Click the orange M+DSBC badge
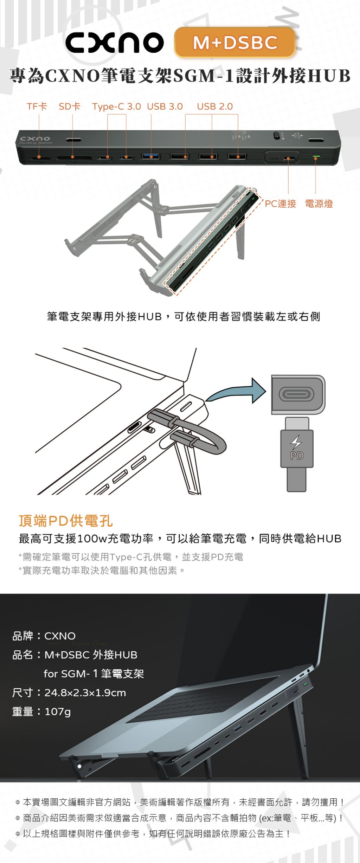pyautogui.click(x=234, y=42)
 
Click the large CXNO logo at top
pyautogui.click(x=115, y=43)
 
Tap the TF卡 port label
pyautogui.click(x=37, y=107)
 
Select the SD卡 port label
pyautogui.click(x=70, y=107)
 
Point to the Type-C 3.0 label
pyautogui.click(x=117, y=107)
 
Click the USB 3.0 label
pyautogui.click(x=165, y=107)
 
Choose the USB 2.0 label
pyautogui.click(x=215, y=107)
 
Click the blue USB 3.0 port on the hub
pyautogui.click(x=151, y=156)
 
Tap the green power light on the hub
pyautogui.click(x=316, y=156)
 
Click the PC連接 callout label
pyautogui.click(x=280, y=204)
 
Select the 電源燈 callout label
pyautogui.click(x=319, y=204)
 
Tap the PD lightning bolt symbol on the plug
pyautogui.click(x=296, y=442)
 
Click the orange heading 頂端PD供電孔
pyautogui.click(x=66, y=521)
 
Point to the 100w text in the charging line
pyautogui.click(x=92, y=539)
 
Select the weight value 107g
pyautogui.click(x=58, y=711)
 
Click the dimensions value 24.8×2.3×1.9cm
pyautogui.click(x=85, y=693)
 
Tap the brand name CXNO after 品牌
pyautogui.click(x=60, y=636)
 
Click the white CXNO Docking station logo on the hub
pyautogui.click(x=36, y=140)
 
